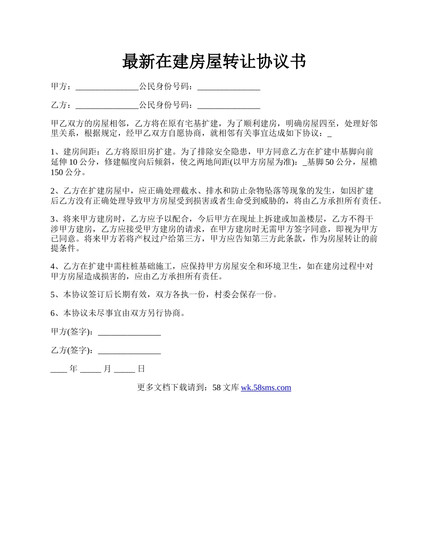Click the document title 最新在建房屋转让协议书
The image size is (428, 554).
click(x=214, y=62)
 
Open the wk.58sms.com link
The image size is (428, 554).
click(x=266, y=387)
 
